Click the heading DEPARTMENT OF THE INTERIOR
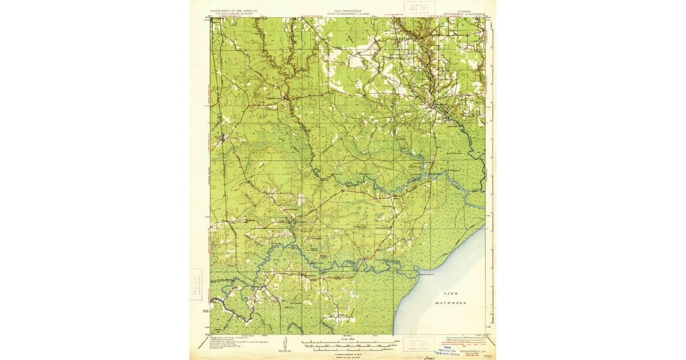tap(234, 10)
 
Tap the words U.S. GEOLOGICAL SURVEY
tap(234, 14)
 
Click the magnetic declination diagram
tap(284, 343)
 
